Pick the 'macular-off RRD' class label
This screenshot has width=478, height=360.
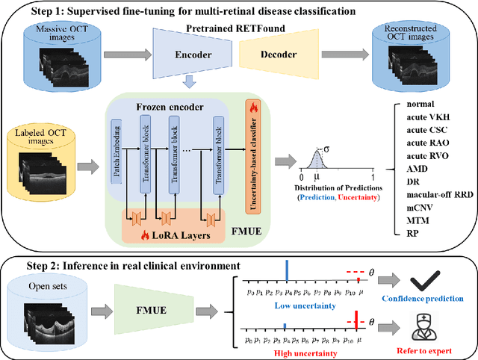(x=438, y=194)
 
